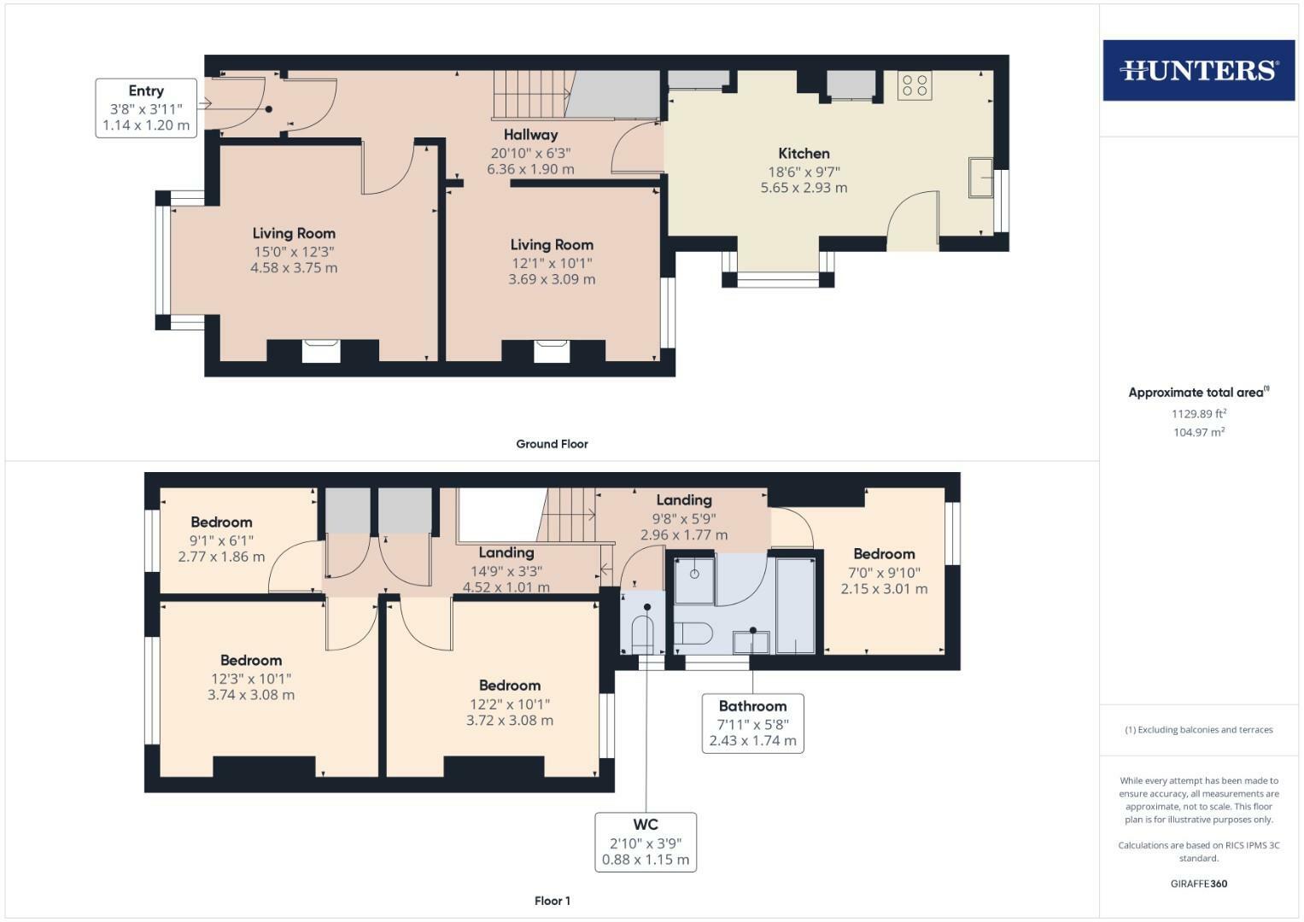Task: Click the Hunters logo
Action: click(x=1198, y=70)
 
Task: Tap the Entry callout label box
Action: click(x=146, y=108)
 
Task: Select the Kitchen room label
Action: click(x=804, y=154)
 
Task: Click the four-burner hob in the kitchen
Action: click(x=915, y=85)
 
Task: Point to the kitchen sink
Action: click(x=979, y=178)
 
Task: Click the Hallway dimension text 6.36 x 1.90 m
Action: click(x=530, y=169)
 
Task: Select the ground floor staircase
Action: click(x=530, y=94)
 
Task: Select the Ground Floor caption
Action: click(x=552, y=444)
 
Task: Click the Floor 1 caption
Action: click(x=552, y=901)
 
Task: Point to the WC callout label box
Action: click(x=646, y=842)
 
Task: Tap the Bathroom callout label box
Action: click(x=752, y=723)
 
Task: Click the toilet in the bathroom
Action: click(x=693, y=634)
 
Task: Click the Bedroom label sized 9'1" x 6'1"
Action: click(x=221, y=522)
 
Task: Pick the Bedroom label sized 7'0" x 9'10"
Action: click(x=884, y=554)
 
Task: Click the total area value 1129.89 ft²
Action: click(x=1198, y=414)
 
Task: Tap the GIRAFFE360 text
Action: click(x=1198, y=884)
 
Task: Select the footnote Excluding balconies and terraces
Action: click(x=1198, y=730)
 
